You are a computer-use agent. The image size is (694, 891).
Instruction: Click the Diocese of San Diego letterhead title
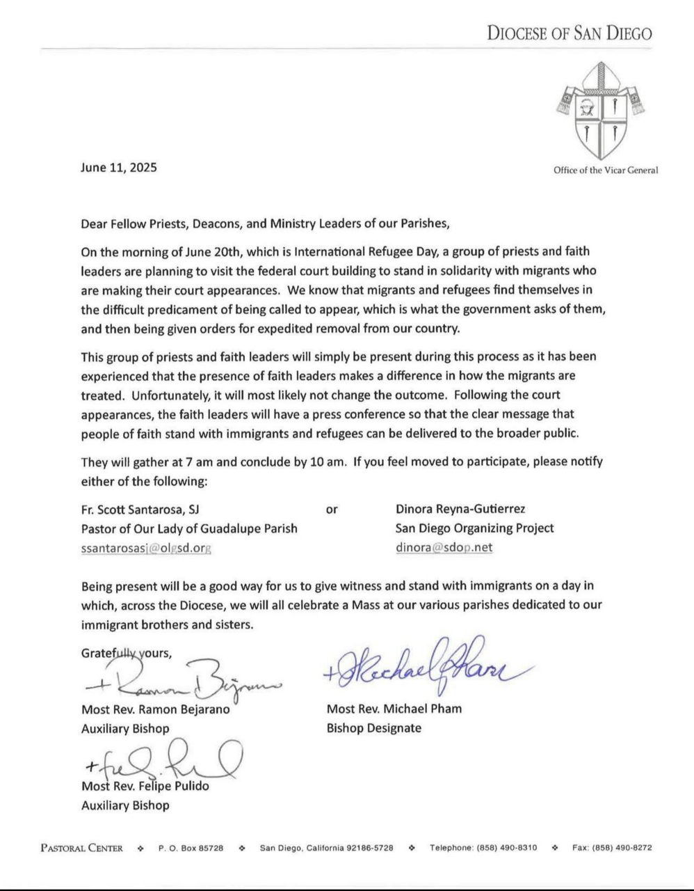point(570,33)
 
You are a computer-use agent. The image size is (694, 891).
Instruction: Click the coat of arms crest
point(599,111)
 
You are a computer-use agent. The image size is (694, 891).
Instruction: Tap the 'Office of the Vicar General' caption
point(605,171)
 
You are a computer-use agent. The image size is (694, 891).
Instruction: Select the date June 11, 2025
point(119,167)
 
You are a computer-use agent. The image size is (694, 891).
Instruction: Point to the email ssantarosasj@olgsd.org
point(146,548)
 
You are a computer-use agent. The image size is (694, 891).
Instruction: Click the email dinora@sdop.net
point(444,547)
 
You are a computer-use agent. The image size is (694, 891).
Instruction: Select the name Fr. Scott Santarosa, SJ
point(140,510)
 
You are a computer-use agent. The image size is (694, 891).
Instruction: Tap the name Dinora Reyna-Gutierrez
point(460,510)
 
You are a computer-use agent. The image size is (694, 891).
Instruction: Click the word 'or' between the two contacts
point(332,510)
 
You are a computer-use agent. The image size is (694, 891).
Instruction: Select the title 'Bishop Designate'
point(373,728)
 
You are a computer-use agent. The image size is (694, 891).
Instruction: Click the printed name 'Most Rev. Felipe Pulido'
point(145,786)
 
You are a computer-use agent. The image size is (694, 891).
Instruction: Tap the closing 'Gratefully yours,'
point(127,653)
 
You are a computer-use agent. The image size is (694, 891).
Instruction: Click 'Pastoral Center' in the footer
point(82,848)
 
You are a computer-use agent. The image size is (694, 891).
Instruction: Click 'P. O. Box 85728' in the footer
point(191,848)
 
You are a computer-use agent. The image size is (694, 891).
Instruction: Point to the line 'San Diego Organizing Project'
point(474,528)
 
